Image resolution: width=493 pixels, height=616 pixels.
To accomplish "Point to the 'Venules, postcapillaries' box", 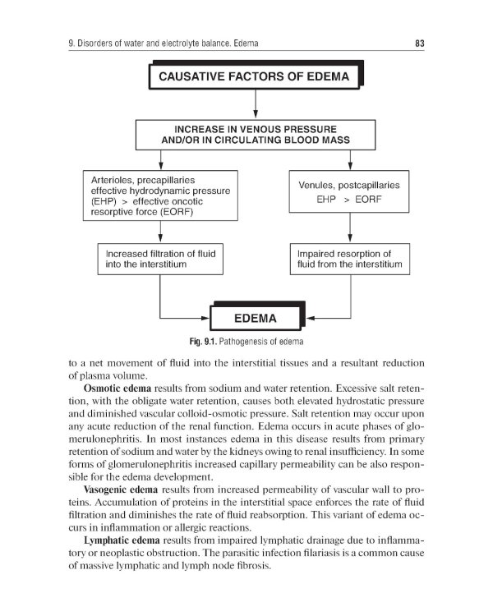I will coord(349,191).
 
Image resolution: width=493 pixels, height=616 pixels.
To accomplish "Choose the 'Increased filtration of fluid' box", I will coord(160,260).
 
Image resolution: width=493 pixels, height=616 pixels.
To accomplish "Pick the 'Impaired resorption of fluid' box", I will coord(349,260).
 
